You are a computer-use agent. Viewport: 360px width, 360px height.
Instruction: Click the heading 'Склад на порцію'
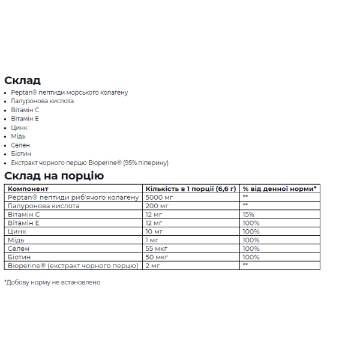(54, 176)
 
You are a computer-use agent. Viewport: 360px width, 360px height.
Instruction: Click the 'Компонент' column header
(25, 189)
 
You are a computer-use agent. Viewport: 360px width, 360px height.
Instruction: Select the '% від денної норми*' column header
(279, 189)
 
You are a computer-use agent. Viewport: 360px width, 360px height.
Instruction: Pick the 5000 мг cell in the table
(159, 197)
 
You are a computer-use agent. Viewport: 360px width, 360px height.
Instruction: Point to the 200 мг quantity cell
(157, 206)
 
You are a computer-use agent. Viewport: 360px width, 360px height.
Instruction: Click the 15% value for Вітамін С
(248, 214)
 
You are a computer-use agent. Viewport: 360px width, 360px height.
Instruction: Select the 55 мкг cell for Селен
(157, 248)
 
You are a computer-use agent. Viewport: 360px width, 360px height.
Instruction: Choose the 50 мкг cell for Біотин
(157, 257)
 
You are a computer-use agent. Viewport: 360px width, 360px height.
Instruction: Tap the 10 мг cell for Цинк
(155, 232)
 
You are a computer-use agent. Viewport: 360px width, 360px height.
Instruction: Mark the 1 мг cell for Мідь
(153, 240)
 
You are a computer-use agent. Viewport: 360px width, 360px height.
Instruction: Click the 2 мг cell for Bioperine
(153, 265)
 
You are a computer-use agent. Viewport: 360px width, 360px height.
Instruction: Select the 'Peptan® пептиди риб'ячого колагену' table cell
(73, 197)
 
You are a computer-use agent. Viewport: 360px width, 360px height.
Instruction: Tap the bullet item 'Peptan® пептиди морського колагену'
(69, 92)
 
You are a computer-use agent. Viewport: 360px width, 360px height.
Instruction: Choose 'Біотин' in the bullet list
(21, 154)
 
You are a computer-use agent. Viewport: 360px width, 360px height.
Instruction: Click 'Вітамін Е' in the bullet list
(25, 119)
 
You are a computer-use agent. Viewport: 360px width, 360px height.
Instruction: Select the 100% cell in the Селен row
(251, 248)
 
